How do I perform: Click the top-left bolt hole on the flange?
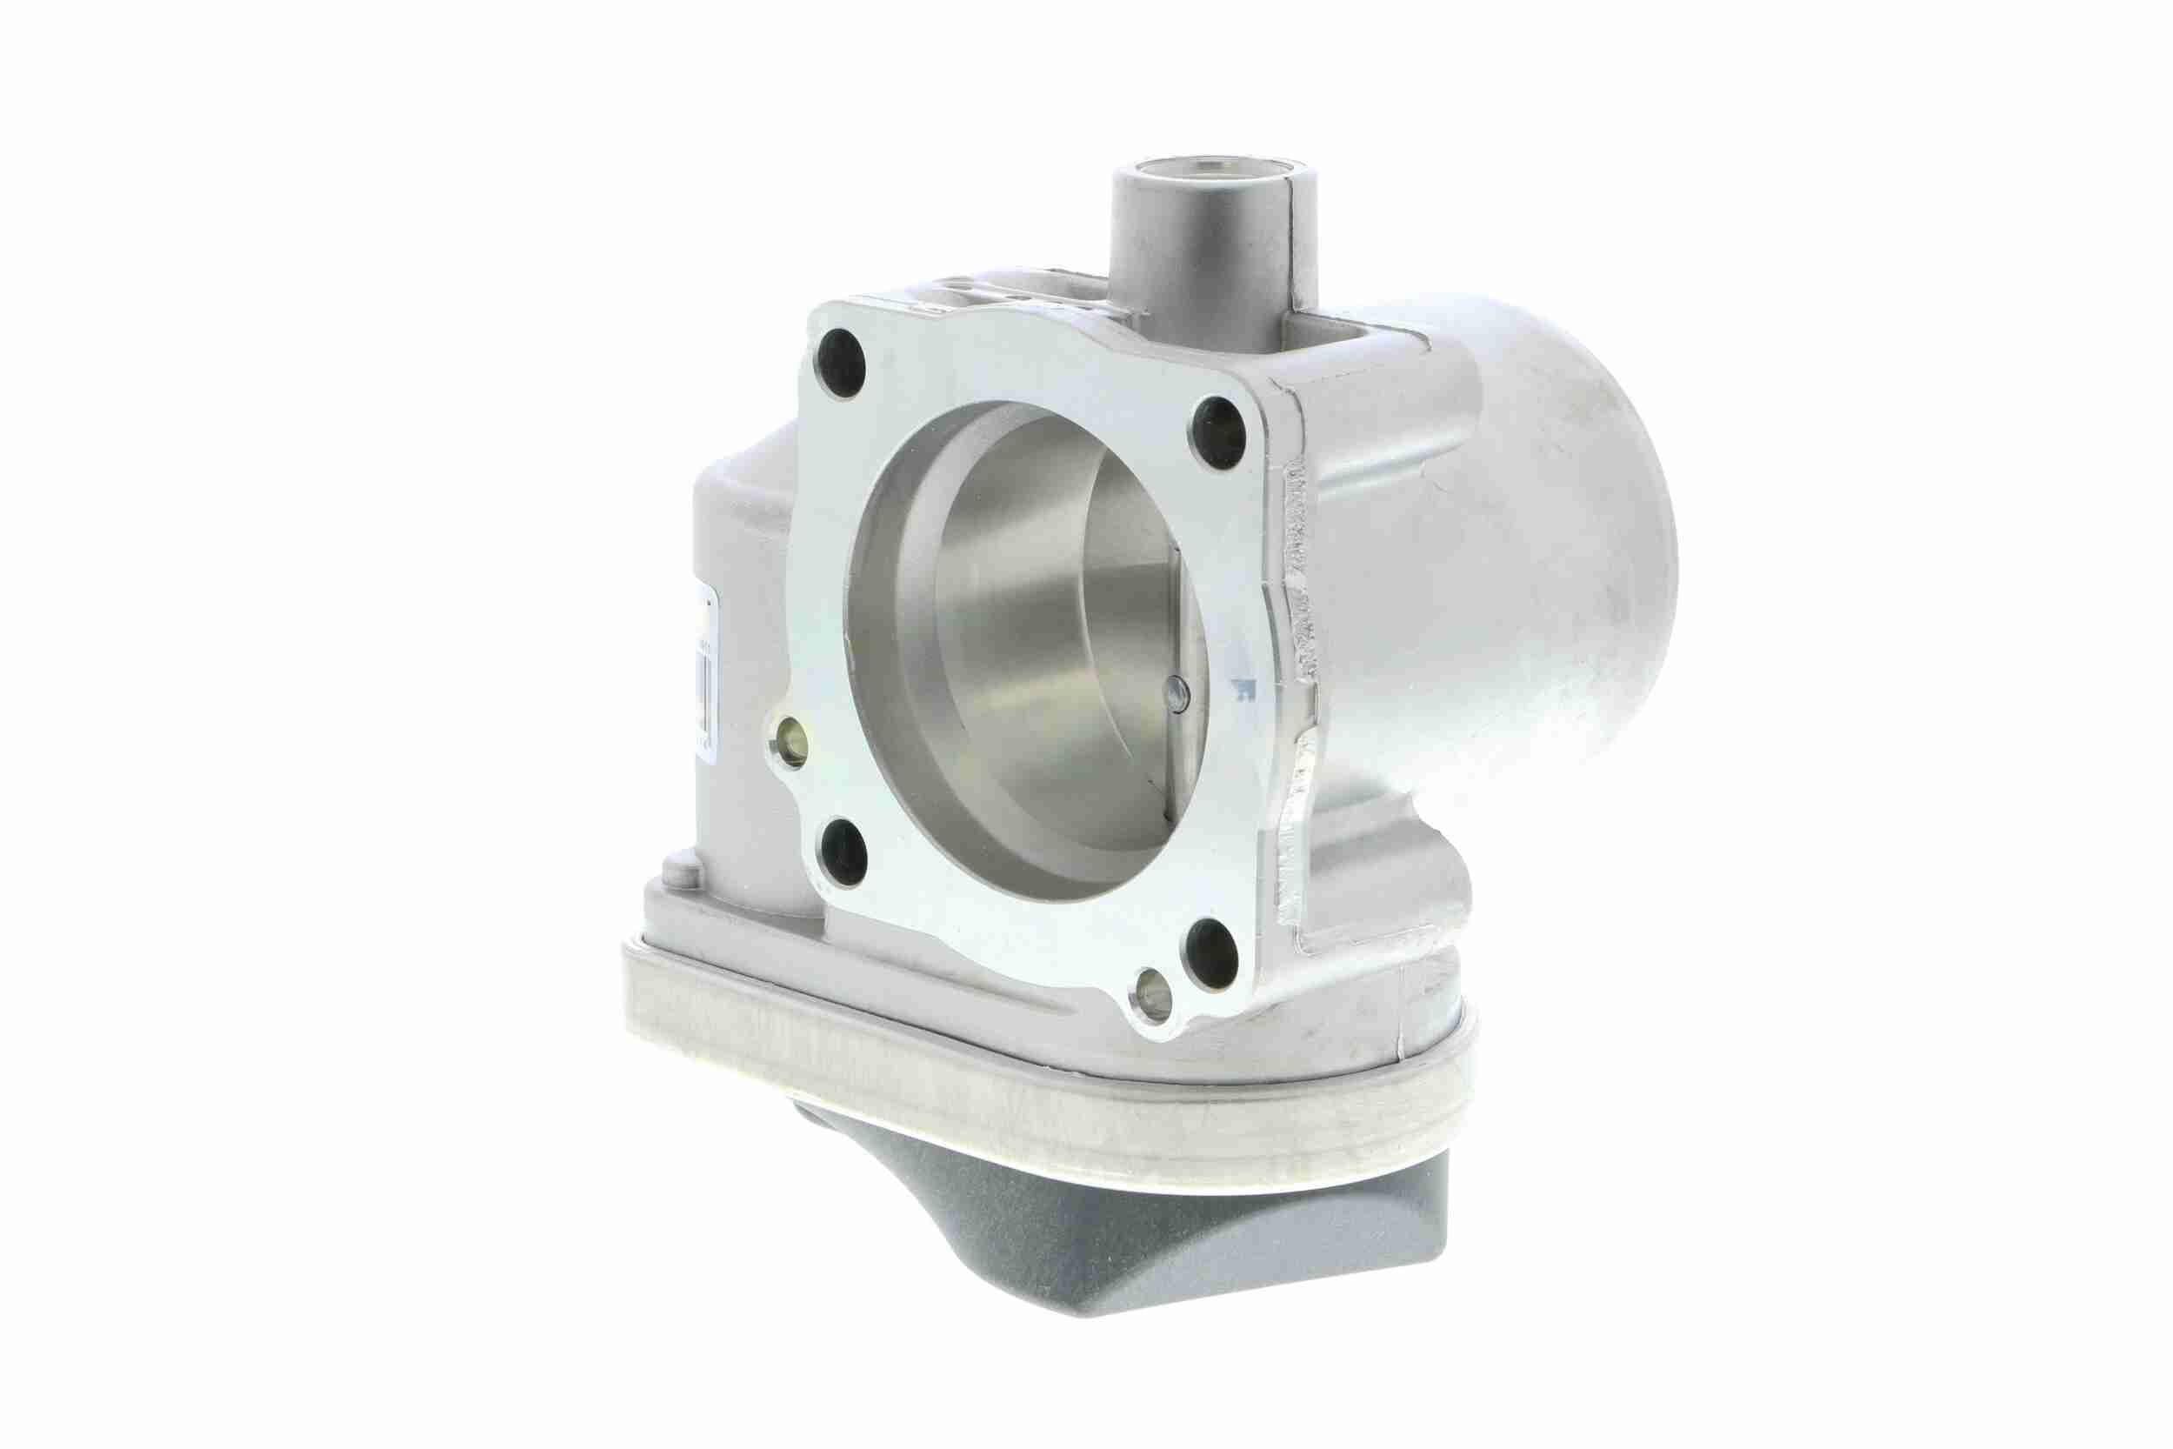841,362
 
